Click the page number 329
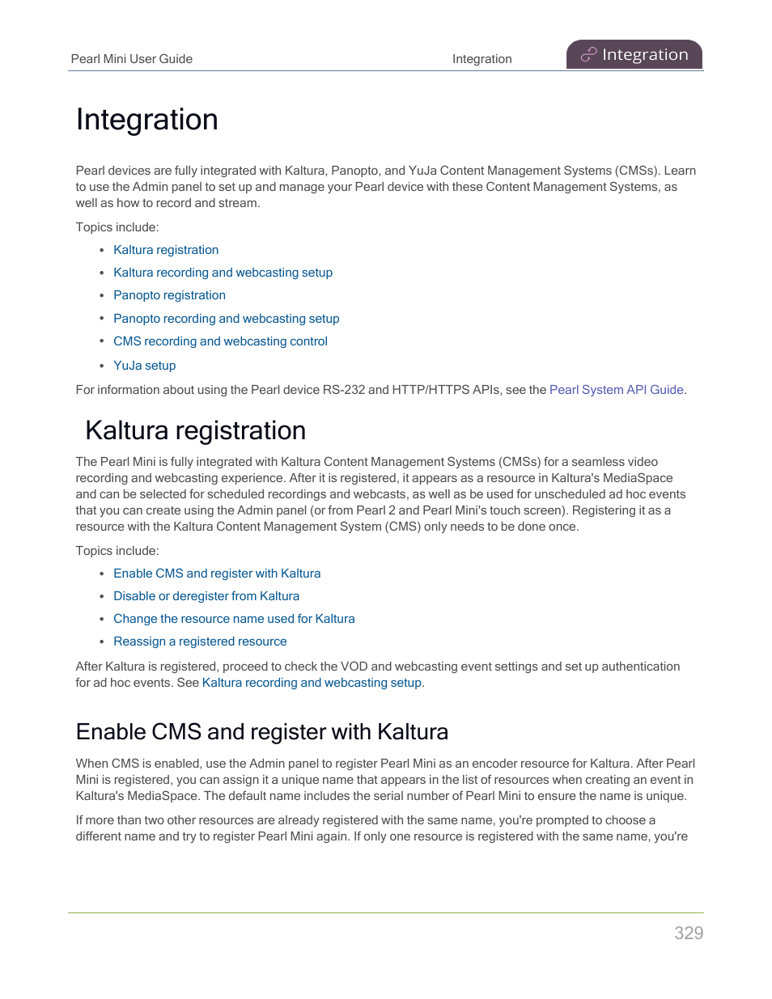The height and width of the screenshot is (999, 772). tap(689, 933)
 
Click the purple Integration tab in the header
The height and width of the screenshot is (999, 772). tap(634, 55)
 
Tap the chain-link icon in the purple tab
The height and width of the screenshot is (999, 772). tap(588, 55)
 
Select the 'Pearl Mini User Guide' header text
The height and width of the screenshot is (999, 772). tap(131, 59)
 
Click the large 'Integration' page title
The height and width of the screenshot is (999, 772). tap(146, 120)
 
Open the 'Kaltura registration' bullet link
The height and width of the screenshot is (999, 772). tap(166, 250)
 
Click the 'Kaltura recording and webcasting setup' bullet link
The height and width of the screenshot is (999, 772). tap(223, 273)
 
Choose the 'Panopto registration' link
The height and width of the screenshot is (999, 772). tap(169, 295)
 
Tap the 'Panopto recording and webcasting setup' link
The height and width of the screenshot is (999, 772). tap(226, 319)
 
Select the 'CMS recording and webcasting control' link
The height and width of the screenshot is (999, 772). tap(220, 341)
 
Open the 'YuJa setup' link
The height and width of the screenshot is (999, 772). tap(144, 366)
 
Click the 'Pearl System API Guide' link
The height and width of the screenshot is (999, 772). tap(616, 390)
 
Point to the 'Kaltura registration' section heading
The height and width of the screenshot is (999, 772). tap(195, 430)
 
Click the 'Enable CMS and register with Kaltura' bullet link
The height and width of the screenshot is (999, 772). tap(217, 574)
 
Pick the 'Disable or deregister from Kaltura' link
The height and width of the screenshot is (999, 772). tap(206, 596)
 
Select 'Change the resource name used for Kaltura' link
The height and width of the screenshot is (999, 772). tap(234, 619)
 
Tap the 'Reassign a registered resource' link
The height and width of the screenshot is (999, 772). tap(200, 641)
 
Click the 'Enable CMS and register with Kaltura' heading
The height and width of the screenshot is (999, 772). tap(261, 731)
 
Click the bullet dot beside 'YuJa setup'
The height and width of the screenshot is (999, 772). tap(102, 366)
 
